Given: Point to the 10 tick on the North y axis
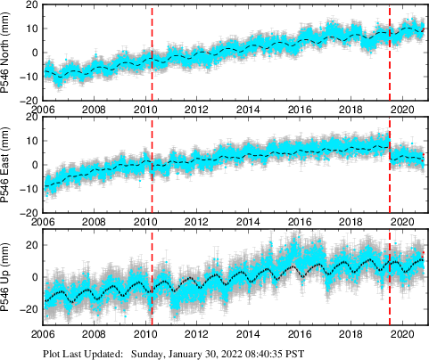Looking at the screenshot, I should click(x=31, y=29).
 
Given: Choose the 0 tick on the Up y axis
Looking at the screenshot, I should click(x=34, y=277).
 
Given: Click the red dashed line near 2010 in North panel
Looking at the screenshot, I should click(x=152, y=53).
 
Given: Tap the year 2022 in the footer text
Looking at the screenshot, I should click(x=235, y=353).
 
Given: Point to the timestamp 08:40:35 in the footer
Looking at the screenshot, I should click(x=274, y=353).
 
